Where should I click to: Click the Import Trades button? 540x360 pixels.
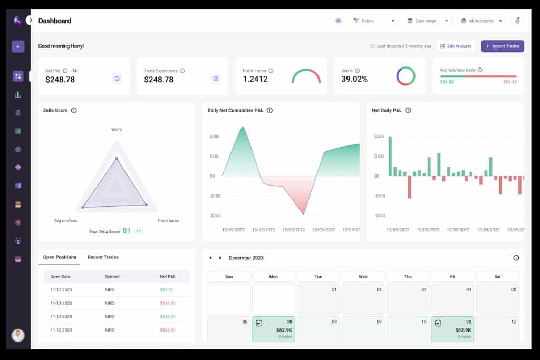[x=502, y=46]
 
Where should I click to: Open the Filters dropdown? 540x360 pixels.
[x=374, y=21]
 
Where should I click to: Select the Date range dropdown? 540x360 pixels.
[x=428, y=21]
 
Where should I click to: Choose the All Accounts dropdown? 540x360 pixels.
[x=481, y=21]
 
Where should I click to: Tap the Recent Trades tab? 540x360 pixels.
[x=103, y=257]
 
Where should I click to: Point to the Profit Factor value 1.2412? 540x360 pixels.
[x=255, y=79]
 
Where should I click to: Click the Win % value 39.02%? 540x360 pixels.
[x=354, y=79]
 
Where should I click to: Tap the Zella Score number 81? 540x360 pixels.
[x=127, y=231]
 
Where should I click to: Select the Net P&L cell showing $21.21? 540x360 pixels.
[x=167, y=289]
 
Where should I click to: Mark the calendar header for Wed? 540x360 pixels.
[x=363, y=277]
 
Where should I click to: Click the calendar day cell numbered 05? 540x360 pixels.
[x=497, y=299]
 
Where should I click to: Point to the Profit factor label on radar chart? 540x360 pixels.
[x=168, y=220]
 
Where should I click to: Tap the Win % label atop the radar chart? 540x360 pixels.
[x=117, y=130]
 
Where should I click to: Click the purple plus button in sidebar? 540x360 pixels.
[x=18, y=46]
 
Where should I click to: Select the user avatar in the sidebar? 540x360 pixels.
[x=18, y=335]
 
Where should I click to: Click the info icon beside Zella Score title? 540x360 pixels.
[x=74, y=110]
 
